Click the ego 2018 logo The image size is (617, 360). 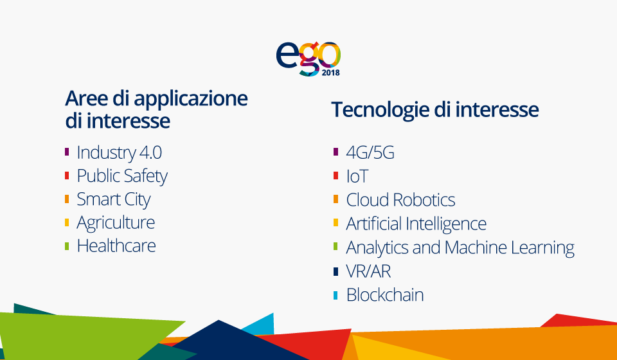point(308,59)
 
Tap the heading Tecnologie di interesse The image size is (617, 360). point(435,110)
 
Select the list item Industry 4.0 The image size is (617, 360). point(120,152)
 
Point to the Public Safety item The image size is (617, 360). point(122,176)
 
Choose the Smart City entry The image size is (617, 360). point(113,199)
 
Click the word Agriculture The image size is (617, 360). point(116,223)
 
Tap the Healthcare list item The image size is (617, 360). point(116,246)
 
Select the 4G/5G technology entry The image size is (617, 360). point(370,152)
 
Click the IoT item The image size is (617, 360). point(357,176)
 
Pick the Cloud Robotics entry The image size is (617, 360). point(400,200)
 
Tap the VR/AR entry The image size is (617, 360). point(368,271)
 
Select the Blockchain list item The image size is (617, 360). point(385,295)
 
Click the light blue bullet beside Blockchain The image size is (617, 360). point(335,296)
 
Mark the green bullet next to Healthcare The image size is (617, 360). point(67,246)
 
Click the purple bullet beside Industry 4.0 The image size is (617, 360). point(67,152)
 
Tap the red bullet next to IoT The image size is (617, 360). point(335,175)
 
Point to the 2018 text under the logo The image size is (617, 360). point(330,73)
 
